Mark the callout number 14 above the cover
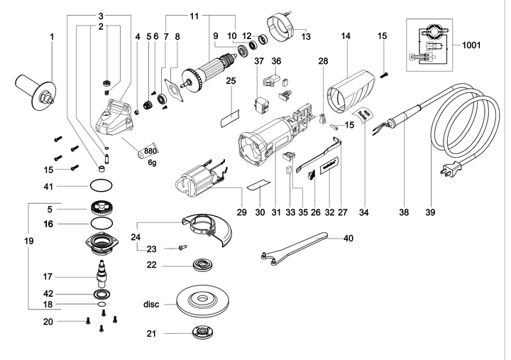[x=346, y=35]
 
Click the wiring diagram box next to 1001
[x=429, y=45]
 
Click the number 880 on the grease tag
[x=150, y=151]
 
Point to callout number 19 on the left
[x=28, y=241]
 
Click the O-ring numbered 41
[x=102, y=186]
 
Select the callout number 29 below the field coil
[x=241, y=212]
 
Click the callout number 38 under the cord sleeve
[x=405, y=212]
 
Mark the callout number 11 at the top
[x=194, y=16]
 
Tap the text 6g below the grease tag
[x=152, y=163]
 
